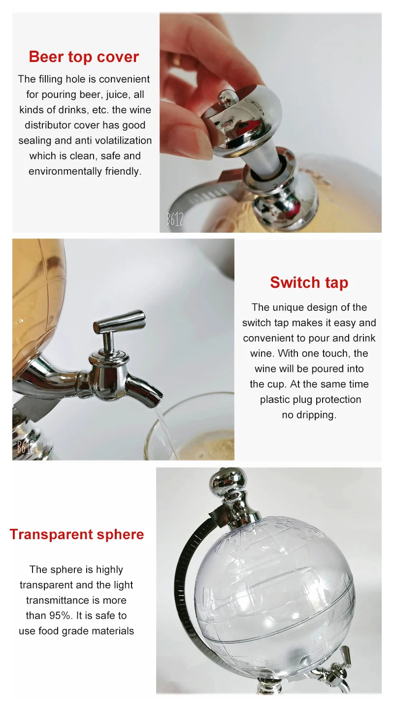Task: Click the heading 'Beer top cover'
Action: click(84, 57)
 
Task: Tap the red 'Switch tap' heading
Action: click(309, 283)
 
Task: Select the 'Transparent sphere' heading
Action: click(77, 535)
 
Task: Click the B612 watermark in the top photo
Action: click(175, 219)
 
